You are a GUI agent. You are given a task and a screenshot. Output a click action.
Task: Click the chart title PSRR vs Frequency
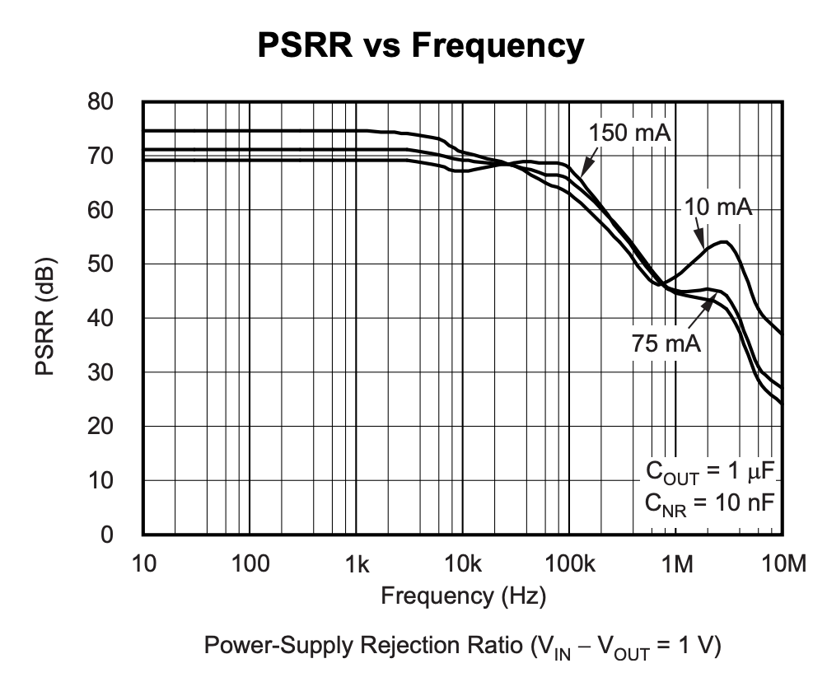(421, 45)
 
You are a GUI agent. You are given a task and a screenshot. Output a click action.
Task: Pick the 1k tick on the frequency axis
(356, 564)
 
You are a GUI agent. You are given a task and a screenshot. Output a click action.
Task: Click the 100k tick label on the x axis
(569, 564)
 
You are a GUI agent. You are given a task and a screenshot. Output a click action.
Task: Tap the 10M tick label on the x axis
(782, 564)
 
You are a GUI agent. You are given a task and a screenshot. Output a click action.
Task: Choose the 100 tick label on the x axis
(250, 564)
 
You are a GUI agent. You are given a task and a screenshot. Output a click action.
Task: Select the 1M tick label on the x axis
(675, 564)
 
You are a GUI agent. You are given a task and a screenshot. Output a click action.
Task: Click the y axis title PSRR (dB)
(47, 318)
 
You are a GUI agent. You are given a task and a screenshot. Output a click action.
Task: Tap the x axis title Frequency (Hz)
(463, 595)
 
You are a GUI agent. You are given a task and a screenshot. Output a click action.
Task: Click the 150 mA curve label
(630, 133)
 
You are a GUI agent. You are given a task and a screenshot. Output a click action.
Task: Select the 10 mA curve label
(718, 208)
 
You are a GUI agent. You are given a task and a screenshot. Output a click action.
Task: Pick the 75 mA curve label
(666, 343)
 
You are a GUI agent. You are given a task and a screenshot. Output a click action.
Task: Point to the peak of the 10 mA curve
(724, 241)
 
